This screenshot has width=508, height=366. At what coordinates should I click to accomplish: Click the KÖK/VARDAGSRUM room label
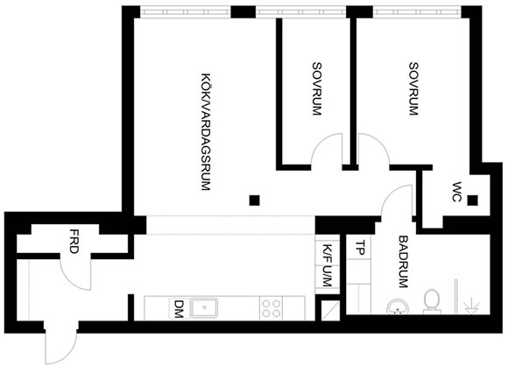[x=207, y=132]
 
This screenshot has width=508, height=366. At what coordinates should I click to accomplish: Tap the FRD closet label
[x=74, y=242]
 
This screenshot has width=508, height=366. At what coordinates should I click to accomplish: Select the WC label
[x=456, y=193]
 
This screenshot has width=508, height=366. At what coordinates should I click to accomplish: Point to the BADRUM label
[x=404, y=262]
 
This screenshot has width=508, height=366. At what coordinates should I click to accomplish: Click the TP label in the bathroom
[x=360, y=248]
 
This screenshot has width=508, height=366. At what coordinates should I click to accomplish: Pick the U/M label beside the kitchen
[x=327, y=277]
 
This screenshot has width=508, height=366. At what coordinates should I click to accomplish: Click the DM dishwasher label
[x=179, y=309]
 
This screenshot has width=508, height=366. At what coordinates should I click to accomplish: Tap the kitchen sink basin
[x=204, y=307]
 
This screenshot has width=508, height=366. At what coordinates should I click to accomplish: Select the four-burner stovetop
[x=272, y=308]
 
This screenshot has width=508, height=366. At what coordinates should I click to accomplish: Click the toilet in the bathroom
[x=432, y=301]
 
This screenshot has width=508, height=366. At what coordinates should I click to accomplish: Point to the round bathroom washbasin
[x=397, y=306]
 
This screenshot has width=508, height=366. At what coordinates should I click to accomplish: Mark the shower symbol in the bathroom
[x=471, y=306]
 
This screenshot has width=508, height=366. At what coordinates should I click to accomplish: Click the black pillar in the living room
[x=254, y=201]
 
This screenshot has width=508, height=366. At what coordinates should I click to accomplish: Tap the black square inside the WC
[x=472, y=201]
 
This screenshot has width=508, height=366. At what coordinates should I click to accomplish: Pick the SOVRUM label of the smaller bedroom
[x=317, y=88]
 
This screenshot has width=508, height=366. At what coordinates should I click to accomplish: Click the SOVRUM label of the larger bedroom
[x=413, y=88]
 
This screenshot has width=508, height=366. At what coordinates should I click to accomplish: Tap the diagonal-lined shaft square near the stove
[x=330, y=311]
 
